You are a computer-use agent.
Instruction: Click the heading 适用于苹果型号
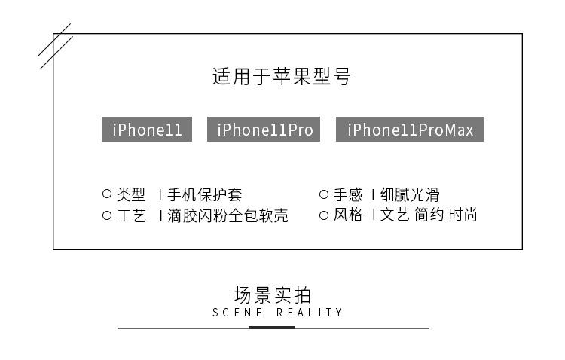click(282, 77)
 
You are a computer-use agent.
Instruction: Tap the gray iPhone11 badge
click(147, 130)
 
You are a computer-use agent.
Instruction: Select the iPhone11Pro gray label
click(264, 130)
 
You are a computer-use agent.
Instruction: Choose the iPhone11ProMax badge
click(410, 130)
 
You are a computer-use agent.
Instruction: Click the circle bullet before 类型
click(107, 194)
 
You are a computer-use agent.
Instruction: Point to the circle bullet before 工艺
click(107, 215)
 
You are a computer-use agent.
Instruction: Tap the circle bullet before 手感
click(324, 194)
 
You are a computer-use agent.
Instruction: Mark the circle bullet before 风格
click(324, 215)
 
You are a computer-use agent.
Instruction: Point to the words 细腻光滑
click(411, 194)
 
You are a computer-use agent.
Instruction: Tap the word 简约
click(429, 215)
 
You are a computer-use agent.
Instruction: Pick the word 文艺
click(395, 215)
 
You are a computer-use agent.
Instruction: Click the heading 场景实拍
click(272, 294)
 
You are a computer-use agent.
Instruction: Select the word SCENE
click(237, 313)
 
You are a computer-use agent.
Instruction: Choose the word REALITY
click(310, 313)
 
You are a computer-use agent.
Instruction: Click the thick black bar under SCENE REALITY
click(272, 328)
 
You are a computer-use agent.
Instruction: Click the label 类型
click(131, 194)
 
